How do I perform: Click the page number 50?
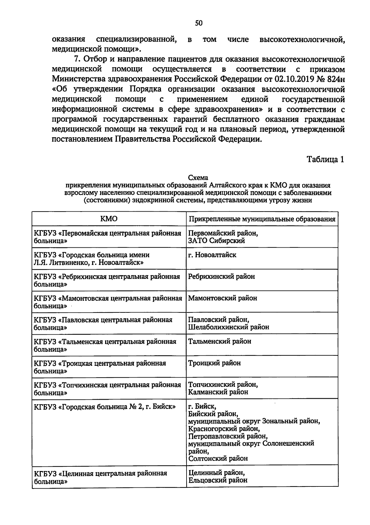[199, 23]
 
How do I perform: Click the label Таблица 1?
[325, 159]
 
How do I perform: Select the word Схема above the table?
[198, 178]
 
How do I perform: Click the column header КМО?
[109, 219]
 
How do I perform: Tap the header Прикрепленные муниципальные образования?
[262, 219]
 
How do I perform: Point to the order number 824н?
[335, 79]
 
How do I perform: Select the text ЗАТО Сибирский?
[216, 241]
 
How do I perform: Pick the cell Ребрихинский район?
[221, 277]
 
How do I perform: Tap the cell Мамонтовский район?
[222, 298]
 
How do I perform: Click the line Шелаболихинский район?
[228, 327]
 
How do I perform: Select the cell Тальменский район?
[220, 341]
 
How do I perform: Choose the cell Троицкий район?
[214, 363]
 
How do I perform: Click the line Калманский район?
[218, 392]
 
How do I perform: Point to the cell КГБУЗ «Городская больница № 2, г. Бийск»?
[105, 407]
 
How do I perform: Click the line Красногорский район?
[224, 429]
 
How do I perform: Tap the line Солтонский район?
[218, 458]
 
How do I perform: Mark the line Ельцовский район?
[218, 480]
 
